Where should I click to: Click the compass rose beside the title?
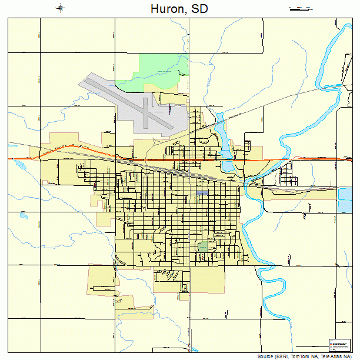point(61,8)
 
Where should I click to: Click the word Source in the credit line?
point(268,356)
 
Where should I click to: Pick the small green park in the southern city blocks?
point(203,246)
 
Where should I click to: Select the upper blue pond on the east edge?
point(345,194)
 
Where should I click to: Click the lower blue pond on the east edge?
point(345,206)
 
